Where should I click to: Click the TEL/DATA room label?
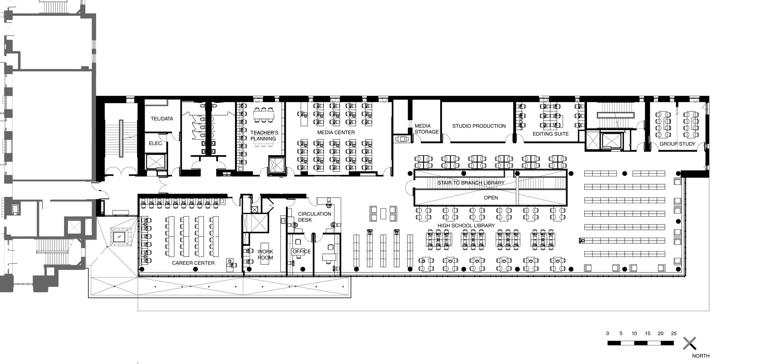pos(162,119)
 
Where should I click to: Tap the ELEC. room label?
pos(156,143)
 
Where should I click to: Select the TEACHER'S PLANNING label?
pos(263,136)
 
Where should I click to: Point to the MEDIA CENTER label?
pos(336,132)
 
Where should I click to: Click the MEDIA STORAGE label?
pos(427,129)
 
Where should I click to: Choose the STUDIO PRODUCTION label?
pos(479,126)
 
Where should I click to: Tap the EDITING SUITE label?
pos(551,134)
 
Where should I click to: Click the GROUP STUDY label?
pos(677,144)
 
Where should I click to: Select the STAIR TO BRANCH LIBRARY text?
pos(471,183)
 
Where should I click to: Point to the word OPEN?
pos(491,198)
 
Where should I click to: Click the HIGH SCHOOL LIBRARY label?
pos(466,225)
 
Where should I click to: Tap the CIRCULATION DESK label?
pos(314,217)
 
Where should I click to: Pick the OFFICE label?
pos(302,251)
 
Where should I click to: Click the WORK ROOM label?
pos(265,255)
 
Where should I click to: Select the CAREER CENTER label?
pos(193,263)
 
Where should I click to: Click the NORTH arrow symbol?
pos(689,343)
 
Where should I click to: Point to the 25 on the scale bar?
pos(674,333)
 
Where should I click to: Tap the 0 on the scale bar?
pos(608,333)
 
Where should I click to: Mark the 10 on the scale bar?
pos(634,333)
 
